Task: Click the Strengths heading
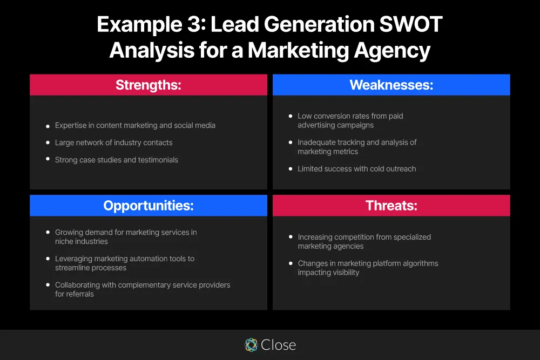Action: click(x=148, y=85)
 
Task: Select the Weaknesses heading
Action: click(x=391, y=85)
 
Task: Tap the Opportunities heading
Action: click(x=148, y=206)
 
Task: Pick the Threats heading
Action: click(x=391, y=206)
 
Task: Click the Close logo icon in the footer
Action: click(x=251, y=345)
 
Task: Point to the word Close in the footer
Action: click(x=278, y=345)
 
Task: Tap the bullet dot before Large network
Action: click(x=48, y=144)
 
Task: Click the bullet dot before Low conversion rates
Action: click(x=291, y=117)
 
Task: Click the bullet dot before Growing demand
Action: click(x=48, y=233)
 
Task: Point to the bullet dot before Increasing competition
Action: click(x=291, y=237)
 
